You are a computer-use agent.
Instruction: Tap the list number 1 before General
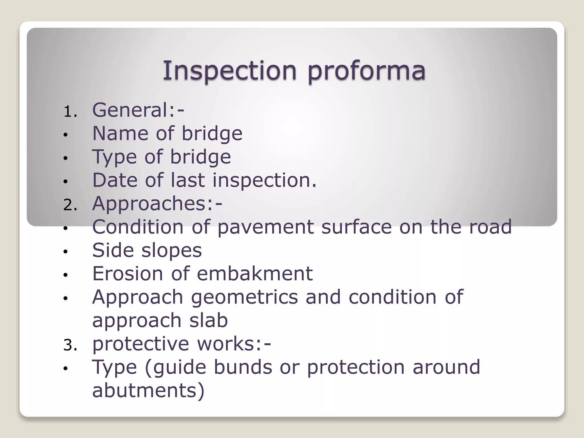pyautogui.click(x=69, y=111)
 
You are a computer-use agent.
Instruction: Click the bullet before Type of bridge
pyautogui.click(x=66, y=158)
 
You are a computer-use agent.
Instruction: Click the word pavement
pyautogui.click(x=265, y=227)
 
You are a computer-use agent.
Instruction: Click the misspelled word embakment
pyautogui.click(x=255, y=273)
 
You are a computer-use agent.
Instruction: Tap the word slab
pyautogui.click(x=208, y=320)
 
